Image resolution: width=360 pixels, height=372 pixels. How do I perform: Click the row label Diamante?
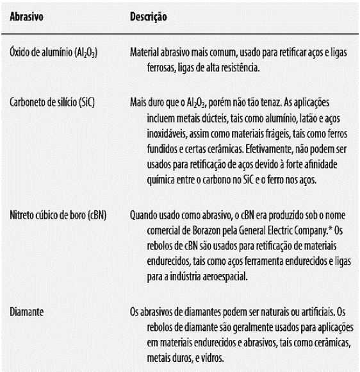point(26,312)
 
